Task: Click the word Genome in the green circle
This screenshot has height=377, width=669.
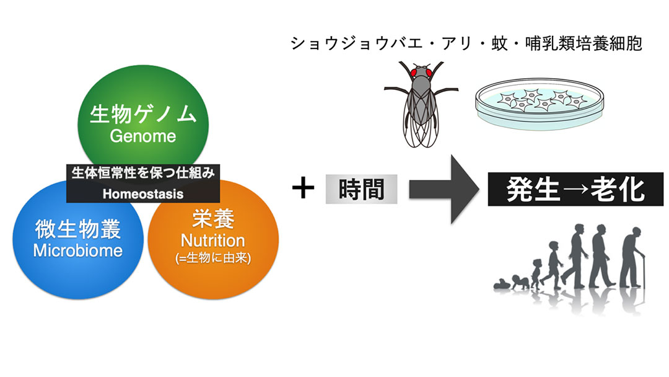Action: coord(143,136)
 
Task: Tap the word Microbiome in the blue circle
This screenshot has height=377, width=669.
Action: coord(78,250)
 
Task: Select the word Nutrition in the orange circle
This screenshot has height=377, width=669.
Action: coord(213,241)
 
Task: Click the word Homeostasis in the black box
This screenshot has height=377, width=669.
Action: coord(143,194)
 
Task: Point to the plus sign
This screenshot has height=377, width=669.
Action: coord(304,188)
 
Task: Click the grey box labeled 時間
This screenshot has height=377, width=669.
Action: coord(361,189)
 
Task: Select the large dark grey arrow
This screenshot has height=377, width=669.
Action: coord(444,189)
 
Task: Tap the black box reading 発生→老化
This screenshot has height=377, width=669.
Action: coord(575,189)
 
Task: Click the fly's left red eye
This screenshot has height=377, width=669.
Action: coord(414,72)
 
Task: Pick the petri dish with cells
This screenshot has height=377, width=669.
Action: coord(540,104)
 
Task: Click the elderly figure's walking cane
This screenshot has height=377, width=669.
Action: coord(642,272)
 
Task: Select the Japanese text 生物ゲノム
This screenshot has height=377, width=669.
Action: coord(143,115)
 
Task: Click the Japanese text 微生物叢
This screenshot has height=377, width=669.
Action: coord(78,229)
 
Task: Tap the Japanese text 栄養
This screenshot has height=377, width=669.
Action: coord(213,220)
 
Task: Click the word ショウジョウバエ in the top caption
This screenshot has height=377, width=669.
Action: coord(357,43)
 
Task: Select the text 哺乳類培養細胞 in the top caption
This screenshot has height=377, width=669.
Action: coord(584,43)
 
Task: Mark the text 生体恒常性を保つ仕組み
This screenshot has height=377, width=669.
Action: coord(143,173)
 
